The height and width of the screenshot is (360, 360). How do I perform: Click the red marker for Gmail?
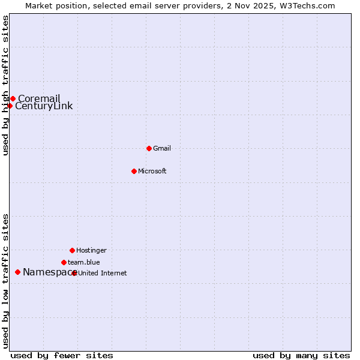pyautogui.click(x=149, y=148)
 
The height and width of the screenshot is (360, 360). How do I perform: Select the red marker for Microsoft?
pyautogui.click(x=134, y=171)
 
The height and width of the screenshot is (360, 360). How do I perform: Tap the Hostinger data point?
pyautogui.click(x=72, y=250)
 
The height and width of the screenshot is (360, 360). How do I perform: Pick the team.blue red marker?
pyautogui.click(x=64, y=262)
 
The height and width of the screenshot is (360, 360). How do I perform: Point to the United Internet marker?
pyautogui.click(x=74, y=273)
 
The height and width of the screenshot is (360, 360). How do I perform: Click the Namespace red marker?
pyautogui.click(x=17, y=272)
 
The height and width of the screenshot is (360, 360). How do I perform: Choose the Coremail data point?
pyautogui.click(x=13, y=98)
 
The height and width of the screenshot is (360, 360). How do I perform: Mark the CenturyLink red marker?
pyautogui.click(x=10, y=106)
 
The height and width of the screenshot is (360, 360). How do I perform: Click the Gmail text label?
pyautogui.click(x=162, y=148)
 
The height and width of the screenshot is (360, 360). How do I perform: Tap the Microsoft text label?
pyautogui.click(x=152, y=171)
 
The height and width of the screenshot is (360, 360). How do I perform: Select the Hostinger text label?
pyautogui.click(x=91, y=250)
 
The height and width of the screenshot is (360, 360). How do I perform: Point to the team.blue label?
pyautogui.click(x=84, y=262)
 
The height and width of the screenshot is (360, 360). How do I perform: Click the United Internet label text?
pyautogui.click(x=103, y=273)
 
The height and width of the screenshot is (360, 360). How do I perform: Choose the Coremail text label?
pyautogui.click(x=39, y=98)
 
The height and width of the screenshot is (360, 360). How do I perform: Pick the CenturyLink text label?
pyautogui.click(x=44, y=106)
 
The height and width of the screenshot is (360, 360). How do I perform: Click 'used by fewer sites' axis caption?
pyautogui.click(x=62, y=355)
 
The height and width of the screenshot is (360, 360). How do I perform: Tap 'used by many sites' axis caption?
pyautogui.click(x=301, y=355)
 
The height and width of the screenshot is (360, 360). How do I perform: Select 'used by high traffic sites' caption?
pyautogui.click(x=6, y=85)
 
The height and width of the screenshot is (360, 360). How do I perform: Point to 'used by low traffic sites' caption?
pyautogui.click(x=6, y=281)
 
